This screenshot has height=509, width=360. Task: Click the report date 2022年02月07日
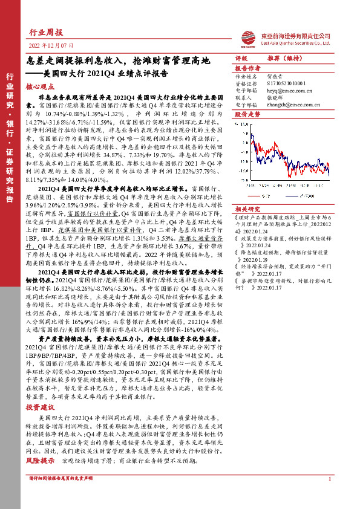[51, 45]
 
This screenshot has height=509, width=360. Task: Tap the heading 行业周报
[46, 32]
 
